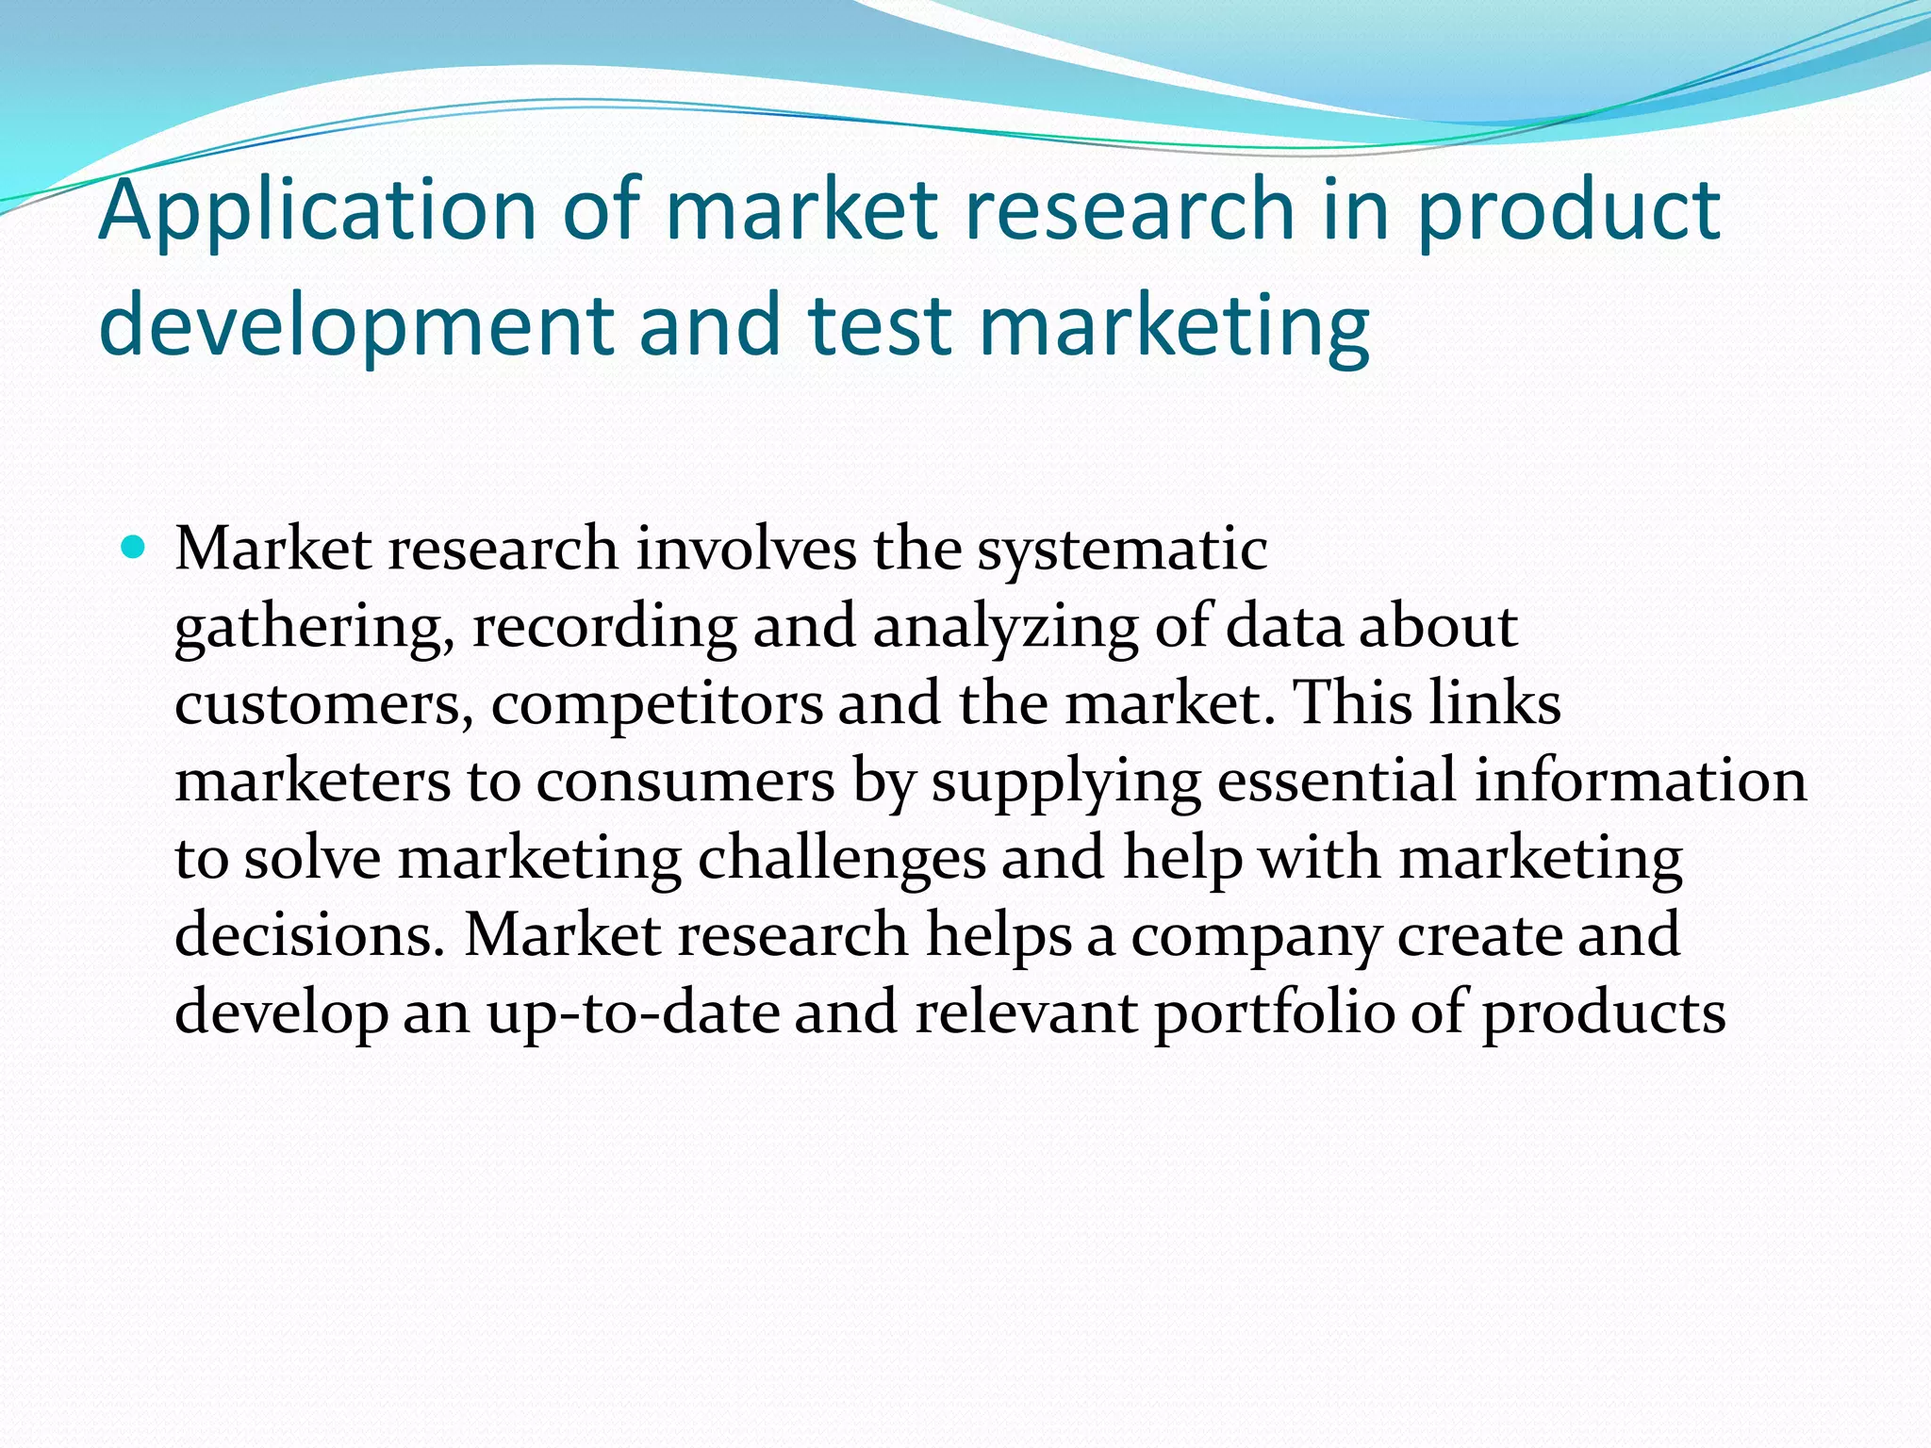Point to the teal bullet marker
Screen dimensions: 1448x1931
pyautogui.click(x=134, y=547)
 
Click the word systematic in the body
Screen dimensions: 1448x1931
pyautogui.click(x=1122, y=550)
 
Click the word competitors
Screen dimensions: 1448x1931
pyautogui.click(x=656, y=704)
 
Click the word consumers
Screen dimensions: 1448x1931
pyautogui.click(x=685, y=782)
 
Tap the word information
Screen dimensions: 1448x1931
pyautogui.click(x=1641, y=782)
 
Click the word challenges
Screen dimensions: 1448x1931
pyautogui.click(x=841, y=859)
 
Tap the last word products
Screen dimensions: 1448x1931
pyautogui.click(x=1604, y=1013)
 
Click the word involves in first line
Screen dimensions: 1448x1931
pyautogui.click(x=745, y=550)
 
